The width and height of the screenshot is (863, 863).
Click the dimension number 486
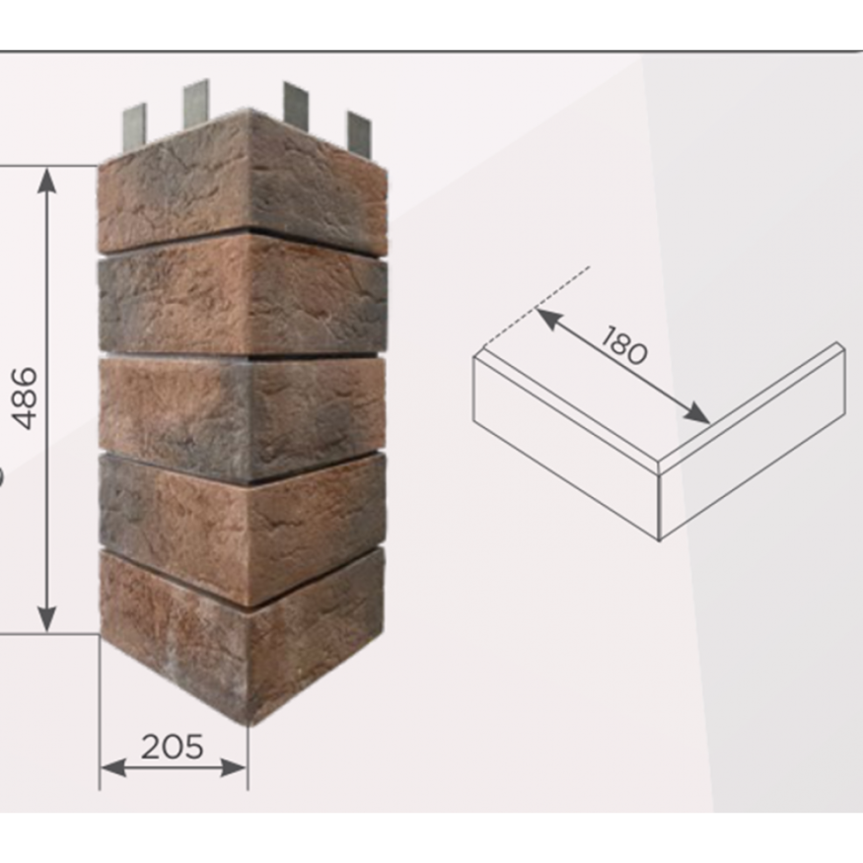(x=26, y=398)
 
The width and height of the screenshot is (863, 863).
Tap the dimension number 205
(x=173, y=747)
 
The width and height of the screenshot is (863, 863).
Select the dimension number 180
(x=624, y=345)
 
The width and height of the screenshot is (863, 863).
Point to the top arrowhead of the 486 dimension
(x=47, y=180)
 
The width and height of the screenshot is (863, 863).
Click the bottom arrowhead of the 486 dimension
(x=47, y=618)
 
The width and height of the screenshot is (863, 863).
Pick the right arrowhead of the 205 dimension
(x=234, y=767)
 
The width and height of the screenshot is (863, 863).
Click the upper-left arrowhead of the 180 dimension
(x=548, y=319)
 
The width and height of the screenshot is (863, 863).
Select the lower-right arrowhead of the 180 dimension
(x=695, y=413)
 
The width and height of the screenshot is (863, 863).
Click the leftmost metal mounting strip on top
(x=134, y=125)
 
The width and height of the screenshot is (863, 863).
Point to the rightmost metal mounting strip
(x=359, y=134)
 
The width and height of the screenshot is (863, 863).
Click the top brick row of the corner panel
(x=243, y=181)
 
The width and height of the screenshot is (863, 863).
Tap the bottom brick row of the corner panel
(x=243, y=633)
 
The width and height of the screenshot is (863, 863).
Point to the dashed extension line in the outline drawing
(x=537, y=307)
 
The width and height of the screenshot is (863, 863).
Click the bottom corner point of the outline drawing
(x=660, y=540)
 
